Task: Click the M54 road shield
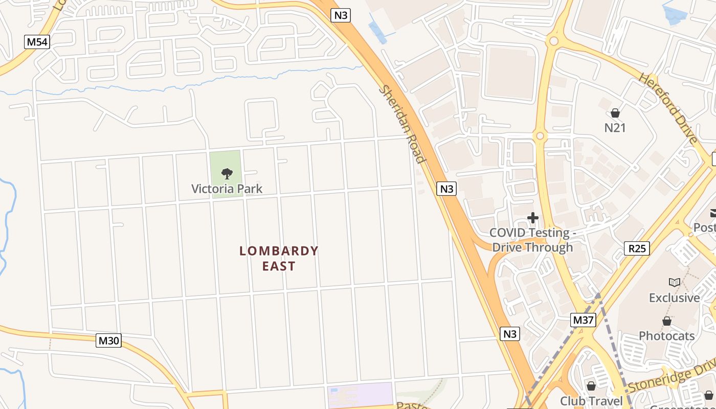[37, 42]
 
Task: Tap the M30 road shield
[108, 340]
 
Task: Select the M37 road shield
[584, 321]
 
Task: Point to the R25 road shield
[637, 249]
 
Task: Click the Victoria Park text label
[227, 189]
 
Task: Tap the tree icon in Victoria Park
[227, 174]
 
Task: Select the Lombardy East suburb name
[279, 258]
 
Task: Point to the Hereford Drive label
[667, 108]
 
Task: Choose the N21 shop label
[615, 127]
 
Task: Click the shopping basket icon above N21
[615, 113]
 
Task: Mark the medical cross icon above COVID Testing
[532, 218]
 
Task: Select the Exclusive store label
[674, 298]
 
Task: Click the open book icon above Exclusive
[674, 282]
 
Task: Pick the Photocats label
[666, 336]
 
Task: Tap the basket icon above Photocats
[666, 321]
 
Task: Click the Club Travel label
[591, 401]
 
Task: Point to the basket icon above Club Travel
[591, 386]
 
